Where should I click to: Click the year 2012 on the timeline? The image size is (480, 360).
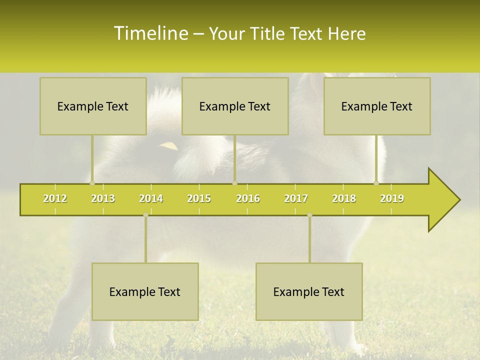55,198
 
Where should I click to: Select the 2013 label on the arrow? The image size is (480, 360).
103,198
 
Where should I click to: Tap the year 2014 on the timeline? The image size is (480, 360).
151,198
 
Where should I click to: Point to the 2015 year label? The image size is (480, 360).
199,198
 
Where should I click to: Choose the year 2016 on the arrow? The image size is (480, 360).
248,198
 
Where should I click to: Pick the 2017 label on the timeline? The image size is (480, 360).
296,198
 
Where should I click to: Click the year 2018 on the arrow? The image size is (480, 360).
344,198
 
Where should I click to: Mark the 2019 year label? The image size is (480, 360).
392,198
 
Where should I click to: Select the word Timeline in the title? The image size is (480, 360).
149,33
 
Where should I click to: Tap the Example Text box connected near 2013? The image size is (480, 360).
93,106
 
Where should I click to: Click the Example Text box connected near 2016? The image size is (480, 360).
235,106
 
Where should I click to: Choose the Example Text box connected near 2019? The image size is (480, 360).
377,106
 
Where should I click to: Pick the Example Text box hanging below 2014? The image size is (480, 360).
145,291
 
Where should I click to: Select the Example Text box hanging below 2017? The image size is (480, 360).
309,291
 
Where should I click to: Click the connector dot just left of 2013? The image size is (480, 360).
92,183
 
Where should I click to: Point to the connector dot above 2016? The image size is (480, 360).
234,183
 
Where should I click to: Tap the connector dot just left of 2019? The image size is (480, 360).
376,183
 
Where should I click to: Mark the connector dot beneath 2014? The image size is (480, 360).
145,215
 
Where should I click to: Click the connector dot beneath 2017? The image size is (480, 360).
309,215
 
